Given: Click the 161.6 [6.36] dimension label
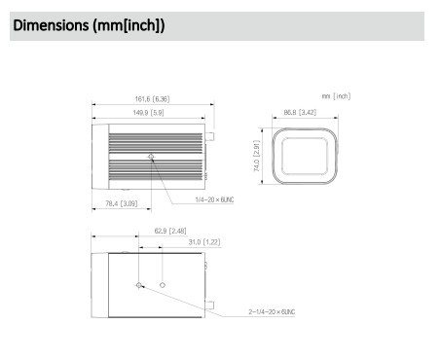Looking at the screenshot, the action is click(x=152, y=99).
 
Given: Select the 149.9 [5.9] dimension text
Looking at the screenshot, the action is click(x=148, y=113).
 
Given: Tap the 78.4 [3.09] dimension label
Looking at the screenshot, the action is click(x=122, y=203).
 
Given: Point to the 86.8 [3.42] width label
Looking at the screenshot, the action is click(x=300, y=112).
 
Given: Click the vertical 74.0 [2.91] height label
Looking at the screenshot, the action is click(x=256, y=156).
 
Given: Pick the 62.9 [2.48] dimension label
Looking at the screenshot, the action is click(x=170, y=231).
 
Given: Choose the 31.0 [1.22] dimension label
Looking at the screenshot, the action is click(x=204, y=242).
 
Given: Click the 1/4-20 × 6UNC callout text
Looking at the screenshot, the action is click(x=214, y=199).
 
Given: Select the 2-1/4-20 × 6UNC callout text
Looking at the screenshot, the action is click(x=272, y=311).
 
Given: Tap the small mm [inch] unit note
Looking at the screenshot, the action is click(x=336, y=96).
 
